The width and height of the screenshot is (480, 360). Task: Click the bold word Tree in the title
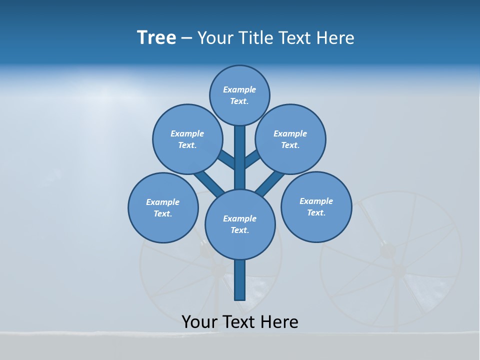coord(156,37)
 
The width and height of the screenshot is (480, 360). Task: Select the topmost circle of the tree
coord(239,95)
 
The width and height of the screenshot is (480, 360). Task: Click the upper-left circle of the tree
coord(187,139)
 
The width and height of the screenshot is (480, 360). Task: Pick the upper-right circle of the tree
coord(290,139)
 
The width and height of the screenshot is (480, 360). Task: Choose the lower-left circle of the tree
coord(163,207)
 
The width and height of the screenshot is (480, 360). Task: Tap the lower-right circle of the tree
coord(316,207)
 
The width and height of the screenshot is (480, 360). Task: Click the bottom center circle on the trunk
coord(240,224)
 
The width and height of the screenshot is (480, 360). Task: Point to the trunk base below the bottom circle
coord(240,280)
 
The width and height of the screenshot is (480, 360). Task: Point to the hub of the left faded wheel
coord(218,270)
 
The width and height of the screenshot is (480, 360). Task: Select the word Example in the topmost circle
coord(239,89)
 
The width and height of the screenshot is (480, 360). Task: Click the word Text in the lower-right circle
coord(315,212)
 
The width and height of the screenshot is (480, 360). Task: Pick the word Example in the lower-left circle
coord(163,202)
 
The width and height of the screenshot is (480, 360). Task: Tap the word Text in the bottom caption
coord(238,321)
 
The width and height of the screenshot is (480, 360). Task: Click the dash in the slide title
coord(186,38)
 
